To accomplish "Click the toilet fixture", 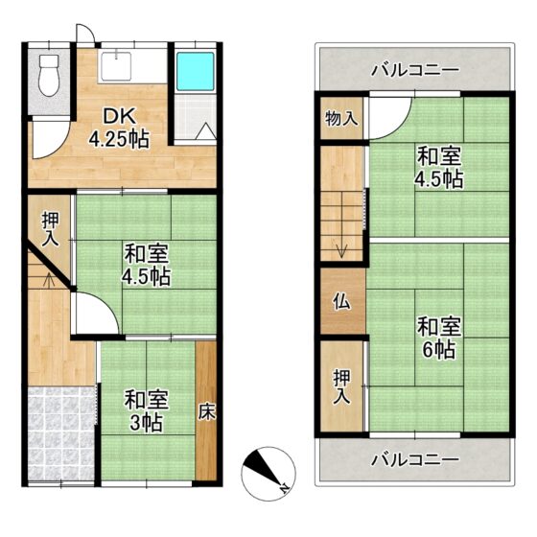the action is tap(49, 75).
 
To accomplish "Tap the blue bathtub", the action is tap(196, 72).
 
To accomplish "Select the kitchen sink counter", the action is tap(116, 67).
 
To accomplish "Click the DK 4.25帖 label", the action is tap(119, 128).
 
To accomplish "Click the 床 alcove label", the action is tap(207, 412).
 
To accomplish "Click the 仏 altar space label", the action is tap(342, 302).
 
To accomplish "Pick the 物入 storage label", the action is tap(341, 119).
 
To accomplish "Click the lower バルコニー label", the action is tap(415, 460).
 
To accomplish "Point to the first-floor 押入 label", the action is tap(50, 229).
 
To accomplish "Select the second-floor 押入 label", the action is tap(342, 386).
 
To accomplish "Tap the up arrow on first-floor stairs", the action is tap(50, 280).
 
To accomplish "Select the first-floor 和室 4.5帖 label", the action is tap(146, 265).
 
